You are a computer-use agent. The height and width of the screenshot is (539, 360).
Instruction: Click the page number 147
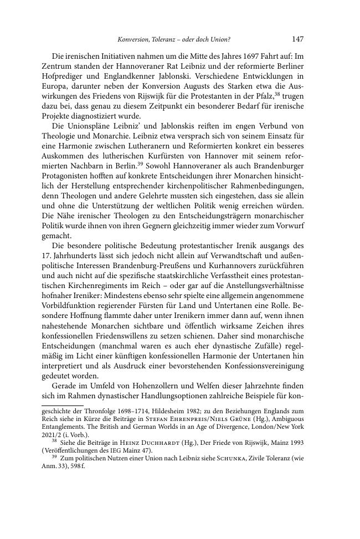297,39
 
